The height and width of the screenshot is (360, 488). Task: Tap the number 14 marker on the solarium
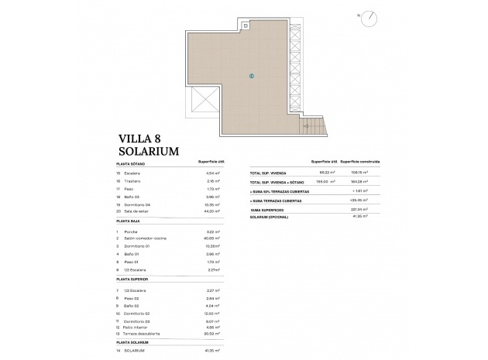252,76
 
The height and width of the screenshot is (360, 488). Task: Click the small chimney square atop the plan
246,26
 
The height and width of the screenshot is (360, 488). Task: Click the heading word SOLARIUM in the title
152,150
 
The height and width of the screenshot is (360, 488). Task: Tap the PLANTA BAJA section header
129,221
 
